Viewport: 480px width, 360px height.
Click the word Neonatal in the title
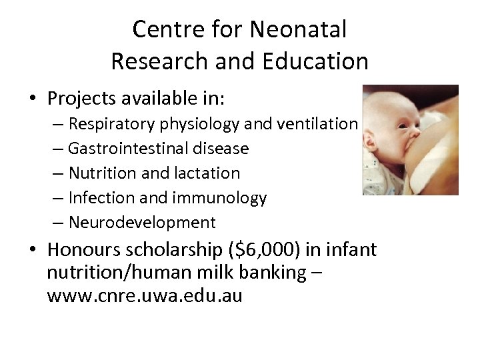(298, 29)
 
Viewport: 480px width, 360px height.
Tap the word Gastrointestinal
(125, 148)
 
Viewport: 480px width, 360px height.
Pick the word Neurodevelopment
(142, 222)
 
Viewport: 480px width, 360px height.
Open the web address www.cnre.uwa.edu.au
(145, 295)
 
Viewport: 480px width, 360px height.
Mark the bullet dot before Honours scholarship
(33, 250)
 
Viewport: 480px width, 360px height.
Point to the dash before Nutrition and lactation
(58, 173)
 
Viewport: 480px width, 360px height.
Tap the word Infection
(102, 197)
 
